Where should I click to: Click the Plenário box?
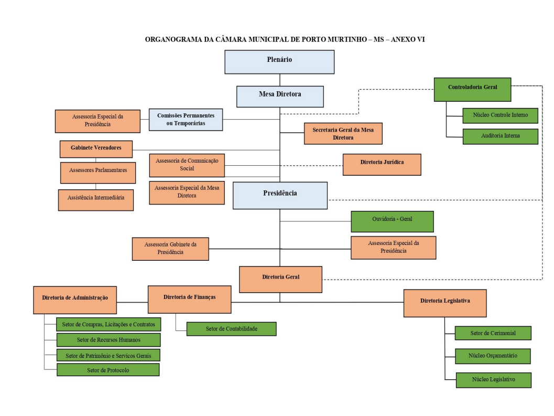279,62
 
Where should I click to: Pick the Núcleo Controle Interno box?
500,115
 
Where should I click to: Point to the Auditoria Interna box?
500,136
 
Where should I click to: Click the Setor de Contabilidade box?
231,329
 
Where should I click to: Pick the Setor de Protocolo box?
108,370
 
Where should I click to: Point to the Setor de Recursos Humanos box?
108,339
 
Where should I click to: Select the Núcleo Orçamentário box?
493,356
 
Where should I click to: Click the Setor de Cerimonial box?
493,333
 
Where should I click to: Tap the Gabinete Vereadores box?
96,149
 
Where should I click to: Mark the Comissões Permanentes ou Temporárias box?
186,120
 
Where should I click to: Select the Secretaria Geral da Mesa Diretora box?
343,134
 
